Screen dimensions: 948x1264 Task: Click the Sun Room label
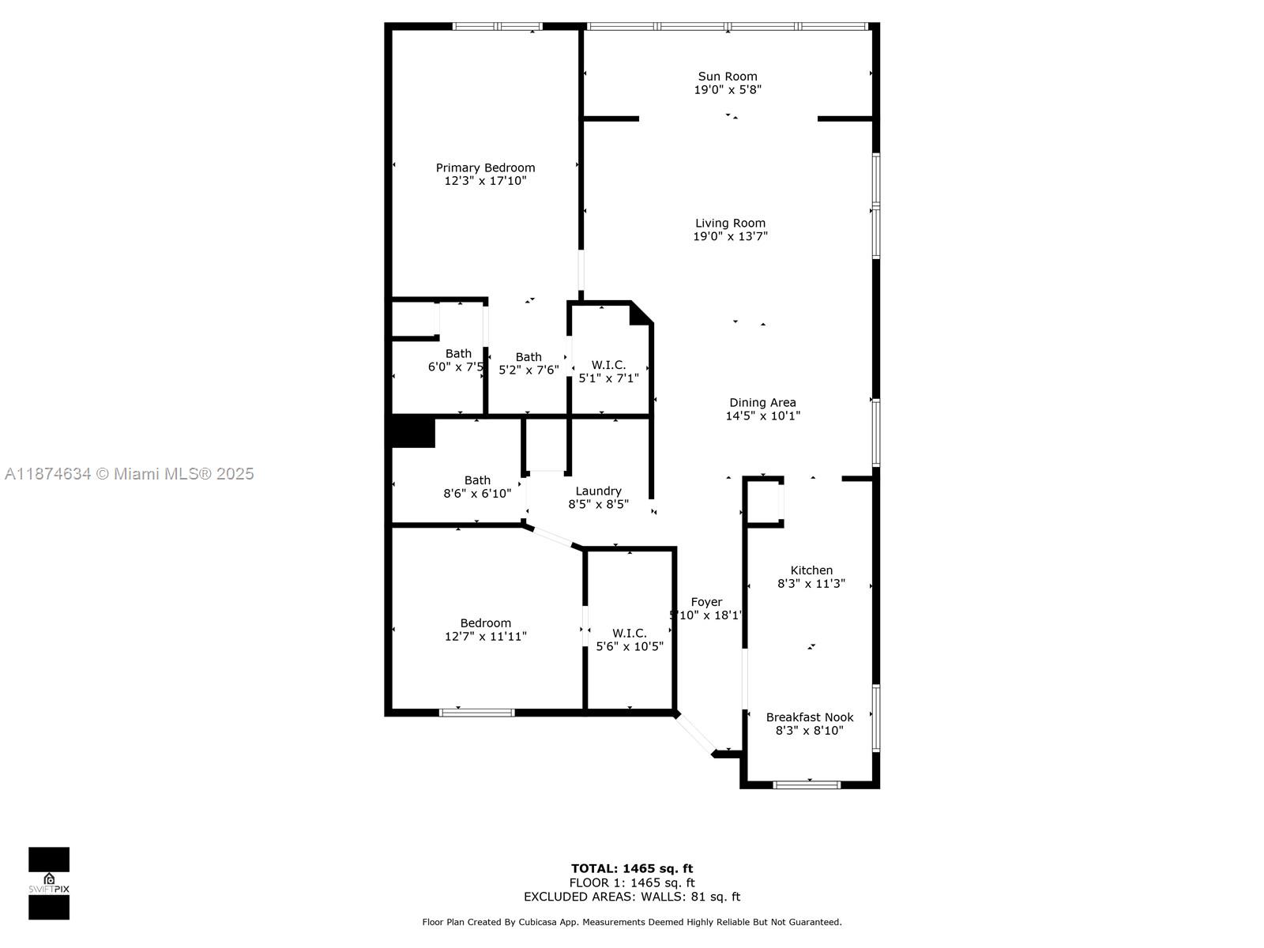click(728, 77)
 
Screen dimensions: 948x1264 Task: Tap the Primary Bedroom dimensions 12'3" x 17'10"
click(485, 181)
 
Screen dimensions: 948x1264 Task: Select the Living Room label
click(730, 224)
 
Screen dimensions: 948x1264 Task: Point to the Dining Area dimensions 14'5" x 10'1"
click(762, 416)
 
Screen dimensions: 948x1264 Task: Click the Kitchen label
click(811, 570)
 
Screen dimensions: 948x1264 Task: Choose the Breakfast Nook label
click(810, 717)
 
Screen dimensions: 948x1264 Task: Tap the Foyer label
click(706, 602)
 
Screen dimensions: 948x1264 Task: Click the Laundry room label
click(598, 491)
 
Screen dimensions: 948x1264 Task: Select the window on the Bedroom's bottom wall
click(476, 713)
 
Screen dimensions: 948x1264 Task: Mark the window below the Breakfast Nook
click(806, 784)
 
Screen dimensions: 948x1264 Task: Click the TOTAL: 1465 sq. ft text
click(632, 868)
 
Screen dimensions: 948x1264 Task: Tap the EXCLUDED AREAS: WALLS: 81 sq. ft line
click(632, 897)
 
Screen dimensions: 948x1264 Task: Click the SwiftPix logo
click(49, 883)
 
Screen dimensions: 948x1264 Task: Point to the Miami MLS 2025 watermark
click(129, 474)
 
